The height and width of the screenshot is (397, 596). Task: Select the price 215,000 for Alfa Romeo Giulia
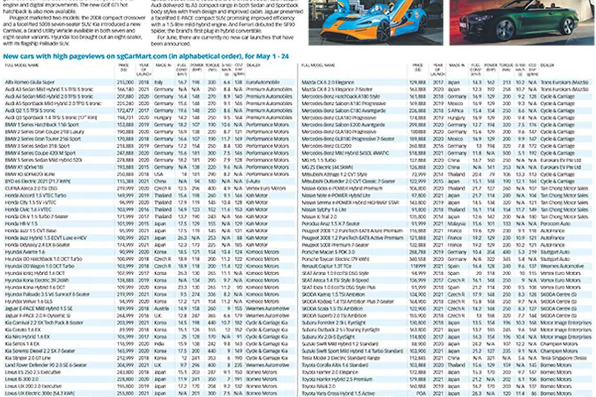point(125,82)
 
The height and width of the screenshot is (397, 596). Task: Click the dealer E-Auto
point(254,181)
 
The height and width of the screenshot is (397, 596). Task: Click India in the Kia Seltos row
point(159,343)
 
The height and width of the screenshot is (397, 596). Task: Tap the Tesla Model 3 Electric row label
point(340,358)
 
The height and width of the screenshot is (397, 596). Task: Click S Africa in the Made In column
point(456,110)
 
